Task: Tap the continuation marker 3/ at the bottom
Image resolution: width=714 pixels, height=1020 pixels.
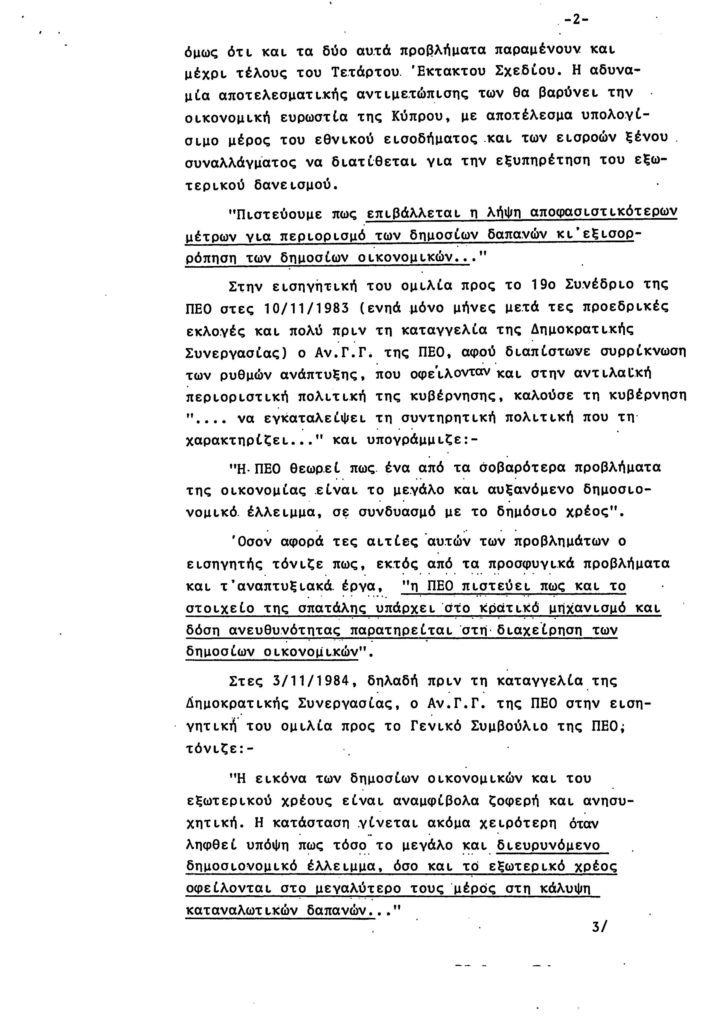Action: (x=599, y=927)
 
